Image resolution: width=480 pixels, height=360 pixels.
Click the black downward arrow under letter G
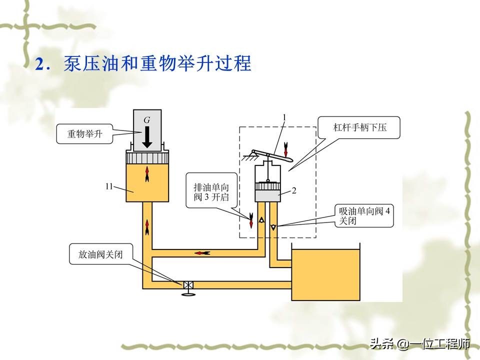tap(146, 136)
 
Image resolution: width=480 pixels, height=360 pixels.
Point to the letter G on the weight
tap(146, 120)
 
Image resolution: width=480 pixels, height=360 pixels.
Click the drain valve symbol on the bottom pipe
tap(188, 285)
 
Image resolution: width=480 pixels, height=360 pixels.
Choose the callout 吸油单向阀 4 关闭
tap(364, 215)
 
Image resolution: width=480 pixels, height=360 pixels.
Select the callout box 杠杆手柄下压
tap(360, 128)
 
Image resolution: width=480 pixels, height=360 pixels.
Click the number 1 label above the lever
tap(284, 117)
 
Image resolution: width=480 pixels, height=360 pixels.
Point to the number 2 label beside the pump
tap(294, 190)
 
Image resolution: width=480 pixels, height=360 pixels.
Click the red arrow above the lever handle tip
tap(285, 148)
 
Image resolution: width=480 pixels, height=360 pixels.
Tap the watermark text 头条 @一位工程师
tap(419, 344)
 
